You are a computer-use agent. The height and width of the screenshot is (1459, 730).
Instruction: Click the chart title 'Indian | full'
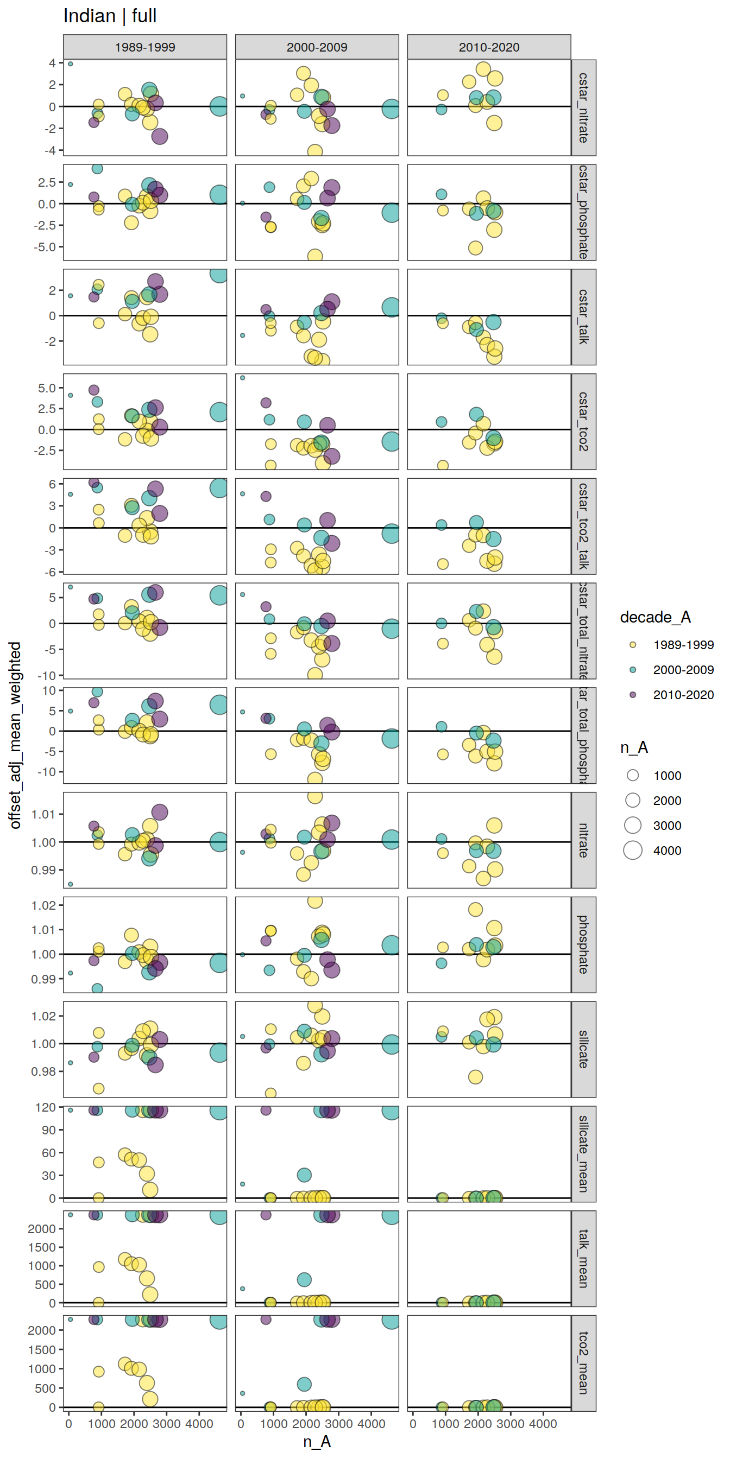point(110,16)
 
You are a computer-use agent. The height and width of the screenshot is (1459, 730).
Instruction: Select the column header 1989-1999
point(144,47)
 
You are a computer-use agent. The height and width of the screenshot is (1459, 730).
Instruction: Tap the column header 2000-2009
point(317,47)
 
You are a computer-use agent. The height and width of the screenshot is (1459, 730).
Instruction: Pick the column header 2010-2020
point(488,47)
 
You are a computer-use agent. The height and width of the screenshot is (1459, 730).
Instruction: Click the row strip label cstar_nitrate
point(583,107)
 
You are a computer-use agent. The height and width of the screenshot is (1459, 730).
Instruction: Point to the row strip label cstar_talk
point(583,316)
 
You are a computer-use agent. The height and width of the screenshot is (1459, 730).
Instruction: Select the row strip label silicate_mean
point(583,1154)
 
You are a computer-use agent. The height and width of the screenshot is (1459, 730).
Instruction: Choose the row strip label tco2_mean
point(583,1363)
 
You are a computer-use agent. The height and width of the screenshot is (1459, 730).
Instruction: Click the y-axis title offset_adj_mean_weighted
point(15,735)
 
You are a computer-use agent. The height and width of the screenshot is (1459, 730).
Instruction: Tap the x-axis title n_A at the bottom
point(317,1442)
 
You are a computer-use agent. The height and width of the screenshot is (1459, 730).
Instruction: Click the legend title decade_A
point(655,617)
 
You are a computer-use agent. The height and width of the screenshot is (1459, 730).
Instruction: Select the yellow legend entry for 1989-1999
point(633,644)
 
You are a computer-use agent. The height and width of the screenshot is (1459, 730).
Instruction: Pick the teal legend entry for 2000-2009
point(633,669)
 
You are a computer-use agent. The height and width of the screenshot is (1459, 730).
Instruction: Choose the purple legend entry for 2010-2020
point(633,694)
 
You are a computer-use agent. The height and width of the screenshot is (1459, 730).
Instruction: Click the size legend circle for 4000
point(633,850)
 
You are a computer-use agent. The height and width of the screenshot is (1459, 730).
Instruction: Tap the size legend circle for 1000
point(633,776)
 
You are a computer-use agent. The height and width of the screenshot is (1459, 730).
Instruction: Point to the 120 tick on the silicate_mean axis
point(45,1107)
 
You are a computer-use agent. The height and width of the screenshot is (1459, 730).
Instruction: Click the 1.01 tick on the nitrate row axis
point(43,815)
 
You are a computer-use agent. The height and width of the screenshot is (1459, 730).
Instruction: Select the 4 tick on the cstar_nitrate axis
point(52,63)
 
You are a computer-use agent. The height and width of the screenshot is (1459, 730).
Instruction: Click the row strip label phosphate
point(583,945)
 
